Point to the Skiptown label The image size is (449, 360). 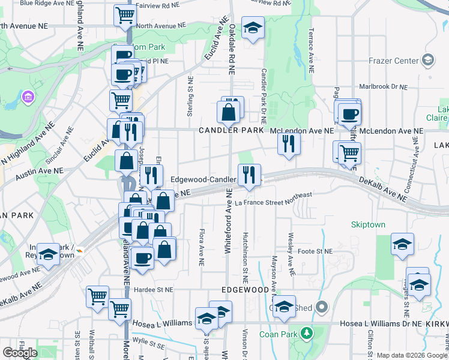pos(369,225)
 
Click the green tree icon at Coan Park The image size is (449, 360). pos(307,332)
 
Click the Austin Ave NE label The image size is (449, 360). pos(39,172)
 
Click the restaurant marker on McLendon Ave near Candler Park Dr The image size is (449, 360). pos(289,143)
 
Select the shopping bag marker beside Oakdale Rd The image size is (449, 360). pos(229,112)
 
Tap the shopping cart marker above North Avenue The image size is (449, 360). pos(124,14)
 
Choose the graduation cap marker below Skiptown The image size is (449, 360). pos(402,244)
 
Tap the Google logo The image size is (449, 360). pos(20,353)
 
